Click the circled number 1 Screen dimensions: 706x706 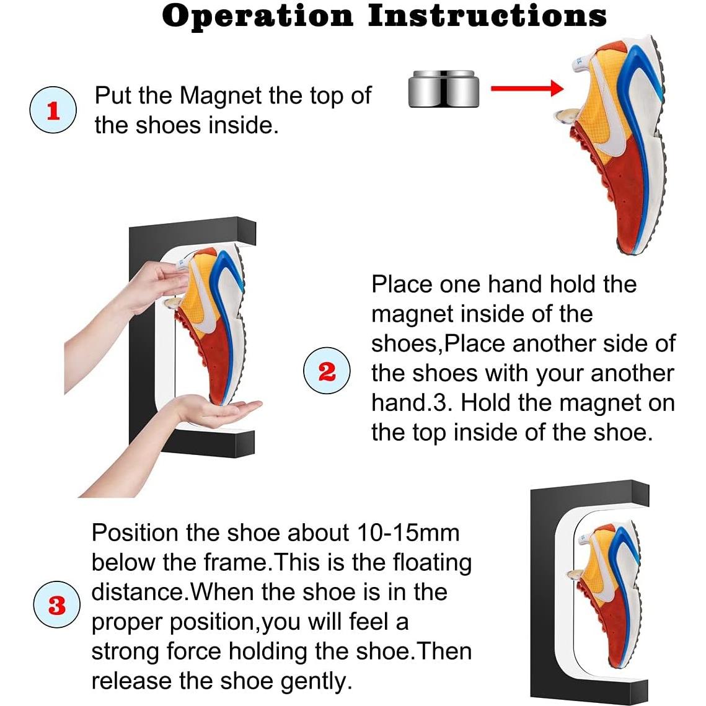click(x=53, y=111)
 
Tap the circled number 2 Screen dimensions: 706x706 click(x=327, y=372)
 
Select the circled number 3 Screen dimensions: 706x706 click(x=56, y=605)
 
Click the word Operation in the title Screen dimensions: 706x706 click(x=257, y=17)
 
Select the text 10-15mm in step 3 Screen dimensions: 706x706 click(x=408, y=532)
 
